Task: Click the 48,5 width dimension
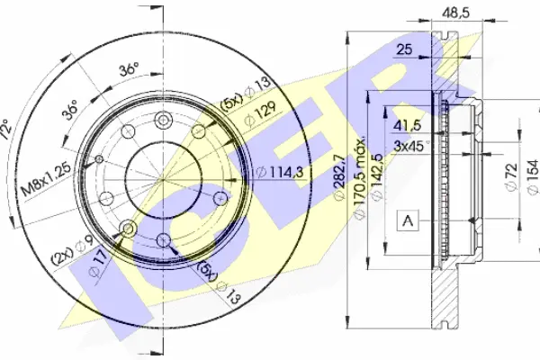pos(456,13)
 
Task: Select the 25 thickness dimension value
pos(404,49)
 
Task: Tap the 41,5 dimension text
pos(407,125)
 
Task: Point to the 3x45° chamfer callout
pos(411,146)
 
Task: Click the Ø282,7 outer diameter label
pos(339,176)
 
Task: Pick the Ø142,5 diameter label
pos(377,176)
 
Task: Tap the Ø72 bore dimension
pos(511,176)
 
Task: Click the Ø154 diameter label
pos(533,176)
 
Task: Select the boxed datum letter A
pos(408,220)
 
